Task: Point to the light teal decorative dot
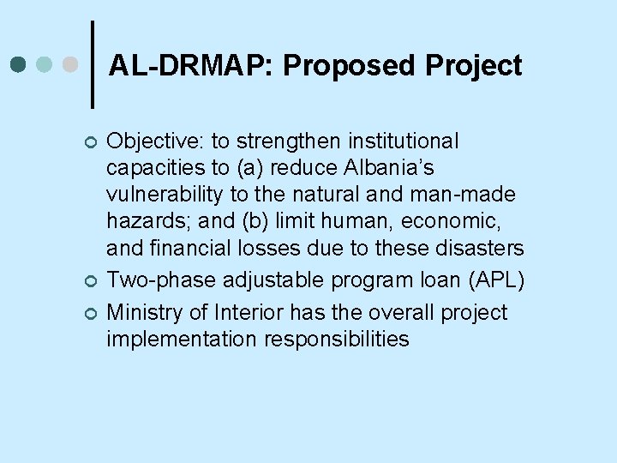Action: [44, 64]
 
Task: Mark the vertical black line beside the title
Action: [93, 63]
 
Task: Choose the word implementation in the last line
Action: [182, 339]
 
